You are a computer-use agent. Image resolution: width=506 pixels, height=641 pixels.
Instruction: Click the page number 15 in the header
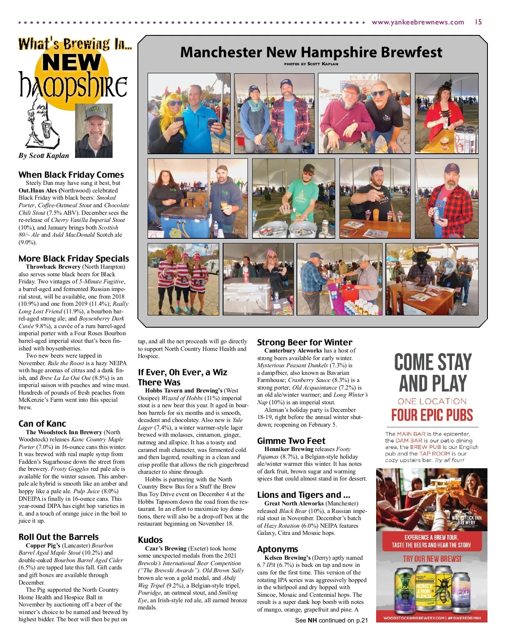coord(478,22)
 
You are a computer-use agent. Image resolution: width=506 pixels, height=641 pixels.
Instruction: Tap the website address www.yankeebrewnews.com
coord(417,22)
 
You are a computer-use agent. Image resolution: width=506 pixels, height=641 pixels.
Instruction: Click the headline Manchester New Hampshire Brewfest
coord(311,52)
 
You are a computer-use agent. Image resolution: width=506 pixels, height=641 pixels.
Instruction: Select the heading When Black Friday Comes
coord(71,175)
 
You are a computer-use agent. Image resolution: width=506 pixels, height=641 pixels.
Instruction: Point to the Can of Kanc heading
coord(42,424)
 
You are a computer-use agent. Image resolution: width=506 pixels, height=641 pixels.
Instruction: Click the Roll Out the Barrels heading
coord(59,537)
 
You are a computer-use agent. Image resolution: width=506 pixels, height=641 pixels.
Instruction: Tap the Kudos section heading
coord(150,540)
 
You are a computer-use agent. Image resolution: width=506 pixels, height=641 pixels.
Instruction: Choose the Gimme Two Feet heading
coord(291,441)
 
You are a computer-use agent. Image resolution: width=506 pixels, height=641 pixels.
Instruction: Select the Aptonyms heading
coord(277,549)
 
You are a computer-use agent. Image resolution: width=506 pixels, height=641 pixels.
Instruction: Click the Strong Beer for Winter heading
coord(304,342)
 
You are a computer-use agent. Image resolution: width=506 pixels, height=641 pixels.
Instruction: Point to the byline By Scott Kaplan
coord(44,155)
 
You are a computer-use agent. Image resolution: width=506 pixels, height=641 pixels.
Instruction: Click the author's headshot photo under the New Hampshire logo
coord(94,131)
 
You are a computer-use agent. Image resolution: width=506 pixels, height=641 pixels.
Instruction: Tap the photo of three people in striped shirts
coord(183,279)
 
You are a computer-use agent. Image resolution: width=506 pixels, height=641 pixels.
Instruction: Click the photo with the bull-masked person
coord(432,279)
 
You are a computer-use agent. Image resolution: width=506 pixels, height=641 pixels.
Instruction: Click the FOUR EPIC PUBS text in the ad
coord(432,415)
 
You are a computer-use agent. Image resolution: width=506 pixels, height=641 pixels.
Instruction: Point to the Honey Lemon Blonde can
coord(424,590)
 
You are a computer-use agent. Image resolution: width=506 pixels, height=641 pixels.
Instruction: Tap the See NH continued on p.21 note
coord(331,620)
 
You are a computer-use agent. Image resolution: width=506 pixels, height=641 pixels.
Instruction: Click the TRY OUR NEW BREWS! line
coord(432,559)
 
